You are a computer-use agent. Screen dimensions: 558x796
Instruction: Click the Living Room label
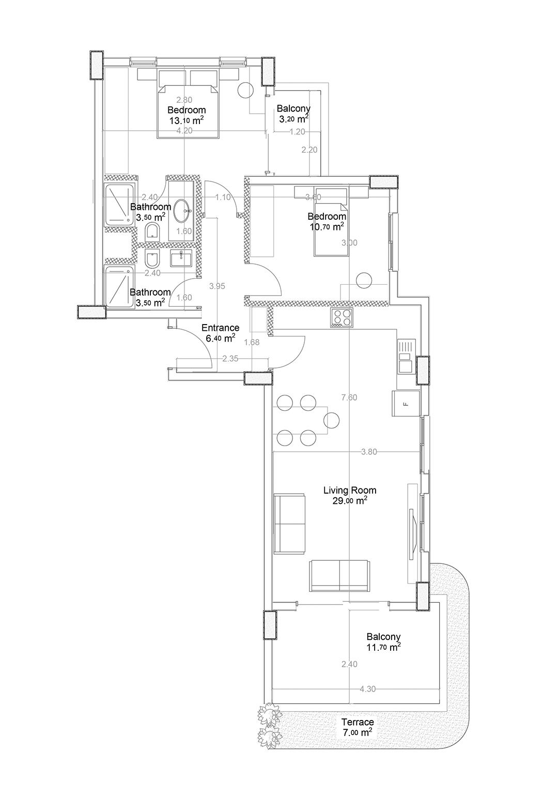pyautogui.click(x=349, y=495)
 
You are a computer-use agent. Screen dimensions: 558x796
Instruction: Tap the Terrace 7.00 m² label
pyautogui.click(x=358, y=727)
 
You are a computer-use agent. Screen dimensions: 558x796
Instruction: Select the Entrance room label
pyautogui.click(x=220, y=333)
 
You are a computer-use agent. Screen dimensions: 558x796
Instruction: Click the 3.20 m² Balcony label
pyautogui.click(x=293, y=113)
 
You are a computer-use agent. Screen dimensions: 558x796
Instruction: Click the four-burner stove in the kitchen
pyautogui.click(x=342, y=317)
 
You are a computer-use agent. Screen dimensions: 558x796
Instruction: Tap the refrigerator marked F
pyautogui.click(x=406, y=403)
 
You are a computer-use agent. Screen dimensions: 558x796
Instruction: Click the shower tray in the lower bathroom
pyautogui.click(x=120, y=286)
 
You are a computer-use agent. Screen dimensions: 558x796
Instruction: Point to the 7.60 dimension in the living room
pyautogui.click(x=349, y=397)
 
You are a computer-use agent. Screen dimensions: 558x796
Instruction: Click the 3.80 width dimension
pyautogui.click(x=369, y=452)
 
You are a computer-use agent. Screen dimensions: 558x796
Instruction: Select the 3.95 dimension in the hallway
pyautogui.click(x=217, y=286)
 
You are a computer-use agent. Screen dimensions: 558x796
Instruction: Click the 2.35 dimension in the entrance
pyautogui.click(x=230, y=359)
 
